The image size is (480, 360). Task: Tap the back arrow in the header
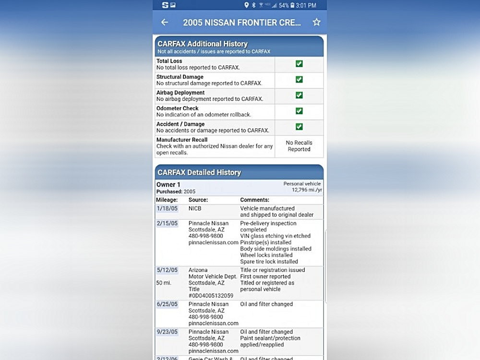coord(165,22)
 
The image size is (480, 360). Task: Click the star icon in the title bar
coord(316,22)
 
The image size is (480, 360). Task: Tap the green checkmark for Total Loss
coord(299,64)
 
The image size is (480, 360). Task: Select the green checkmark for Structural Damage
coord(299,79)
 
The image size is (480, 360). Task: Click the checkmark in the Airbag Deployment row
coord(299,95)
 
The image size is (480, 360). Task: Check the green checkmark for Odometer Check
coord(299,111)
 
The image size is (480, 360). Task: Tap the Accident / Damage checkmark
coord(299,127)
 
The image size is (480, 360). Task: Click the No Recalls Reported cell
coord(299,146)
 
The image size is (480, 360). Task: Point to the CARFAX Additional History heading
coord(203,44)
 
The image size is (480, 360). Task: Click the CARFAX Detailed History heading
coord(199,172)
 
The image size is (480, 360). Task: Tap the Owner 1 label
coord(168,185)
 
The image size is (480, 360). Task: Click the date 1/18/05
coord(167,208)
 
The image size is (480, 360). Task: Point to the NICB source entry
coord(195,208)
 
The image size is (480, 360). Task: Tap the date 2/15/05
coord(167,223)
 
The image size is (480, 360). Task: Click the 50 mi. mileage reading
coord(164,283)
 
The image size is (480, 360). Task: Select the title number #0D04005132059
coord(211,296)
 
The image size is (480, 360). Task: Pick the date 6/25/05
coord(167,304)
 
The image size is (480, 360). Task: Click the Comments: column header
coord(255,200)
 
